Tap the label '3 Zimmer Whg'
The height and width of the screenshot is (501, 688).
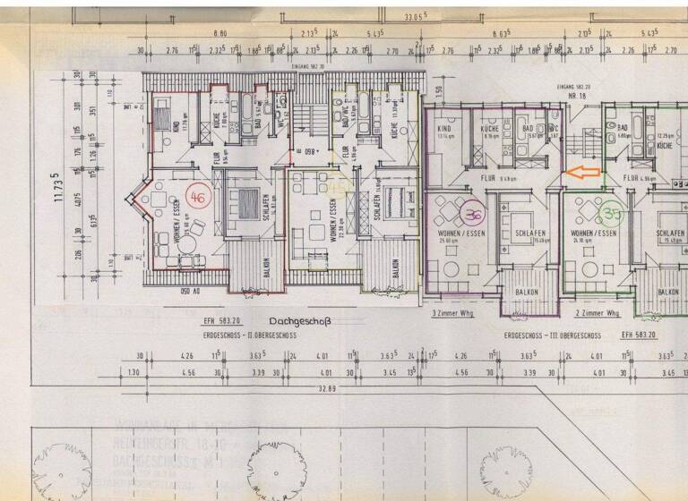pyautogui.click(x=451, y=314)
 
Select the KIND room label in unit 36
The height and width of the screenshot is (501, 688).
pyautogui.click(x=445, y=129)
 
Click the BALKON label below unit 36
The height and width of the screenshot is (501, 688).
pyautogui.click(x=526, y=292)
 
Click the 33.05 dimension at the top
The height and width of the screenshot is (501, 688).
pyautogui.click(x=415, y=16)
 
